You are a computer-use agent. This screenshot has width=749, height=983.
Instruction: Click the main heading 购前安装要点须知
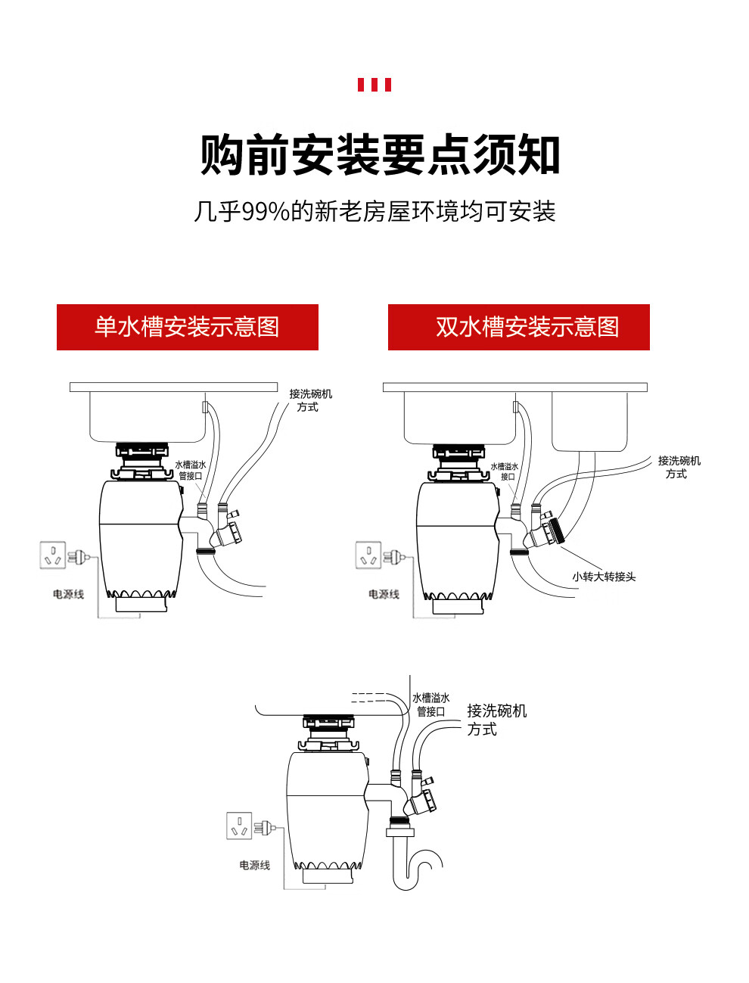(380, 155)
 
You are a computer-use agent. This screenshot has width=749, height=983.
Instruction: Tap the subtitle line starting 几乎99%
(374, 212)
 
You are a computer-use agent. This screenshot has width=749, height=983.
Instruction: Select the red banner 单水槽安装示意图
(188, 327)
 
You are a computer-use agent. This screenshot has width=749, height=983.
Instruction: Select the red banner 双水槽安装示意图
(519, 327)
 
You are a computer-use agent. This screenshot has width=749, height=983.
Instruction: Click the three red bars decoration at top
(374, 85)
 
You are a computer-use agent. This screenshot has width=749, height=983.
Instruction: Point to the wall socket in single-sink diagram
(53, 555)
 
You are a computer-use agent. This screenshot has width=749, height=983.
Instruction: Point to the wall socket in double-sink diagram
(368, 555)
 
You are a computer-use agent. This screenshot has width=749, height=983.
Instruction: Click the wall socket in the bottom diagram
(239, 826)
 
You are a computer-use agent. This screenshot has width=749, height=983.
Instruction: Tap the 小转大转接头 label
(604, 577)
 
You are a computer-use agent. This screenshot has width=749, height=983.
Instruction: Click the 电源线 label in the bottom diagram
(254, 865)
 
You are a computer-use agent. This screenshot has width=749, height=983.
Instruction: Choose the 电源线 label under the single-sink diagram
(68, 594)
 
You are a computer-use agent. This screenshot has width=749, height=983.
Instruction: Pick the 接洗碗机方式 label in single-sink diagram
(310, 400)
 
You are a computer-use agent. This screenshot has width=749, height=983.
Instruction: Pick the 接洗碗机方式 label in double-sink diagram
(679, 467)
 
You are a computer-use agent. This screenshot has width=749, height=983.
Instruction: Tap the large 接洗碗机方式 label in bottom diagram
(496, 720)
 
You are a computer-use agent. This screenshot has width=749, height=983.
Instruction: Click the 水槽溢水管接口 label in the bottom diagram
(430, 705)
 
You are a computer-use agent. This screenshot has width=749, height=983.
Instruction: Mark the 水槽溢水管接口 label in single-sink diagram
(190, 470)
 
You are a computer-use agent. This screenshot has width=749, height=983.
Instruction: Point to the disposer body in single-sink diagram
(141, 537)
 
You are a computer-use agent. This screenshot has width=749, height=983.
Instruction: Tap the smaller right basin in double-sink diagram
(589, 422)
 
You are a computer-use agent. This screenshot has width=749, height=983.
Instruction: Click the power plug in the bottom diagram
(265, 828)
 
